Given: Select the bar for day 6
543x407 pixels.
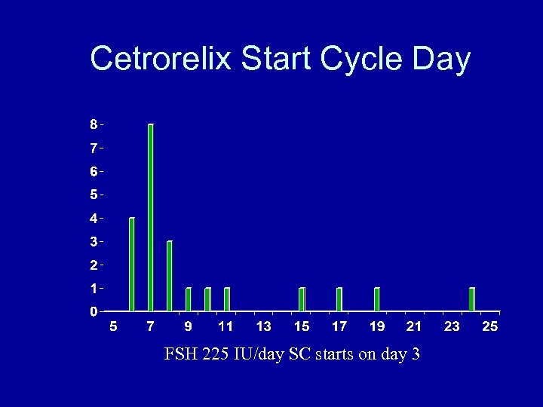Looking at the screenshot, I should pyautogui.click(x=132, y=264).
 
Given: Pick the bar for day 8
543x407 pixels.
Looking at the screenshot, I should pyautogui.click(x=170, y=276).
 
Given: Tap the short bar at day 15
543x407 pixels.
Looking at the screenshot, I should pyautogui.click(x=302, y=299).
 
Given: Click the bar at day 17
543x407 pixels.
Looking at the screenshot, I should pyautogui.click(x=339, y=299).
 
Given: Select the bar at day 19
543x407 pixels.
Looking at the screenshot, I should pyautogui.click(x=377, y=299).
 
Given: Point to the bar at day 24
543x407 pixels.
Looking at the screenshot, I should pyautogui.click(x=472, y=299).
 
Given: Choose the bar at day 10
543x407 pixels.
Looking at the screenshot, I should pyautogui.click(x=207, y=299).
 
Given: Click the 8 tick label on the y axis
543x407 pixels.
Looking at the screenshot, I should pyautogui.click(x=93, y=124).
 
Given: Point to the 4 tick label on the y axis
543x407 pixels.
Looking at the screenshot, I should pyautogui.click(x=93, y=219).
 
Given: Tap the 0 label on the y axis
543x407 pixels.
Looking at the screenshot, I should pyautogui.click(x=93, y=311).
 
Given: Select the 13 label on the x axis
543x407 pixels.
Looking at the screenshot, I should pyautogui.click(x=263, y=326).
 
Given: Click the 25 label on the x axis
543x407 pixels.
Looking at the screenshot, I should pyautogui.click(x=489, y=326).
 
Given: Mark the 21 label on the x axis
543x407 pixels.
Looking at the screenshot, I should pyautogui.click(x=414, y=326).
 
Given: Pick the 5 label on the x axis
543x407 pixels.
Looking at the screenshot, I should pyautogui.click(x=113, y=326).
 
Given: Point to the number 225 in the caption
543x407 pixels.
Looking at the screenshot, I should pyautogui.click(x=216, y=353).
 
